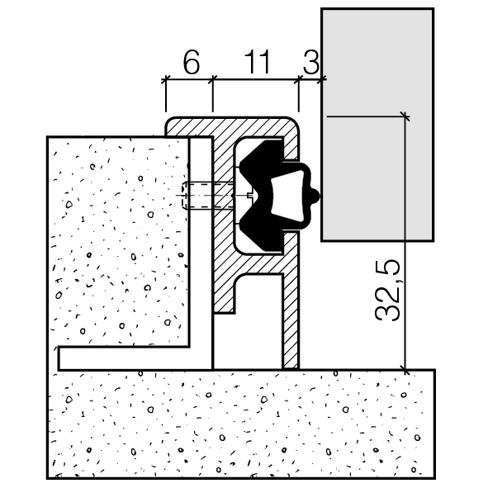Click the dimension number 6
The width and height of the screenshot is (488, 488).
point(192,63)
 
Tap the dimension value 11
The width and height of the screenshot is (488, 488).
point(257,62)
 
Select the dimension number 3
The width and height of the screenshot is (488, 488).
point(311,63)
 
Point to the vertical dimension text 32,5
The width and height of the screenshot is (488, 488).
point(387,290)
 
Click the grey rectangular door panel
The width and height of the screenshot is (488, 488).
point(377,125)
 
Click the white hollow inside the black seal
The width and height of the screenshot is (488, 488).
point(287,196)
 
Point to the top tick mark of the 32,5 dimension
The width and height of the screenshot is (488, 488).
point(405,116)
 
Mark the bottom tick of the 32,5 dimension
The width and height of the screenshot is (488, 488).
point(405,370)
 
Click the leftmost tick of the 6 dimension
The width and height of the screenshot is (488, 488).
point(166,79)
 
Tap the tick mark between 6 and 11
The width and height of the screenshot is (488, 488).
point(212,79)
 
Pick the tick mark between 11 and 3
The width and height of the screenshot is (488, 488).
point(299,79)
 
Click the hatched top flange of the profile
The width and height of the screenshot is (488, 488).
point(232,126)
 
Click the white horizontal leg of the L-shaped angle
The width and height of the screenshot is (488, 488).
point(134,358)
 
